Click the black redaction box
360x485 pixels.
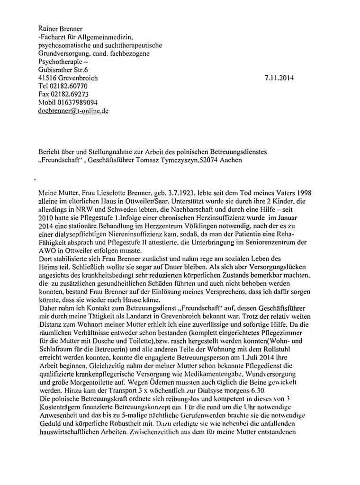[288, 461]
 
